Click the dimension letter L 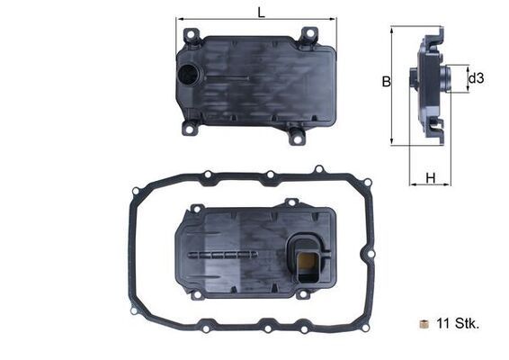[260, 12]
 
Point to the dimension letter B [385, 81]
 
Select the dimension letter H [431, 177]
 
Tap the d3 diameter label [476, 78]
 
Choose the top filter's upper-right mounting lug [308, 34]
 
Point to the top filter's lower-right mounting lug [296, 137]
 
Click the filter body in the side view [428, 85]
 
